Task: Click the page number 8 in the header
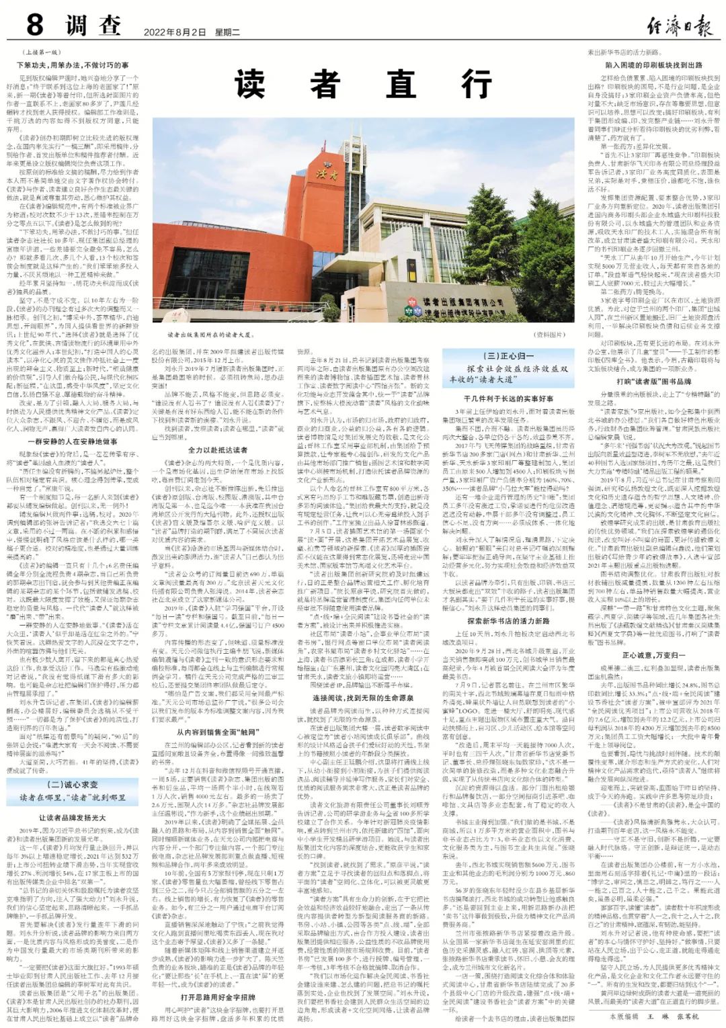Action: point(34,26)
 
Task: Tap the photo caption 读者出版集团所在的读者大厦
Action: point(201,333)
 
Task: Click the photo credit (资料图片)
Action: point(549,333)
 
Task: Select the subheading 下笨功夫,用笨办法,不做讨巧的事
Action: point(73,65)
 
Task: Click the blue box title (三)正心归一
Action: point(508,356)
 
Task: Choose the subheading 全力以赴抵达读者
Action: point(217,449)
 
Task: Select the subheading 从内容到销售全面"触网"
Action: point(217,732)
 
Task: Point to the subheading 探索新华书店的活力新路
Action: point(508,621)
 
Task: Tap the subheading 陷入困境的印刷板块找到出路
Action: point(653,65)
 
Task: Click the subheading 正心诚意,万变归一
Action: point(653,655)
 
